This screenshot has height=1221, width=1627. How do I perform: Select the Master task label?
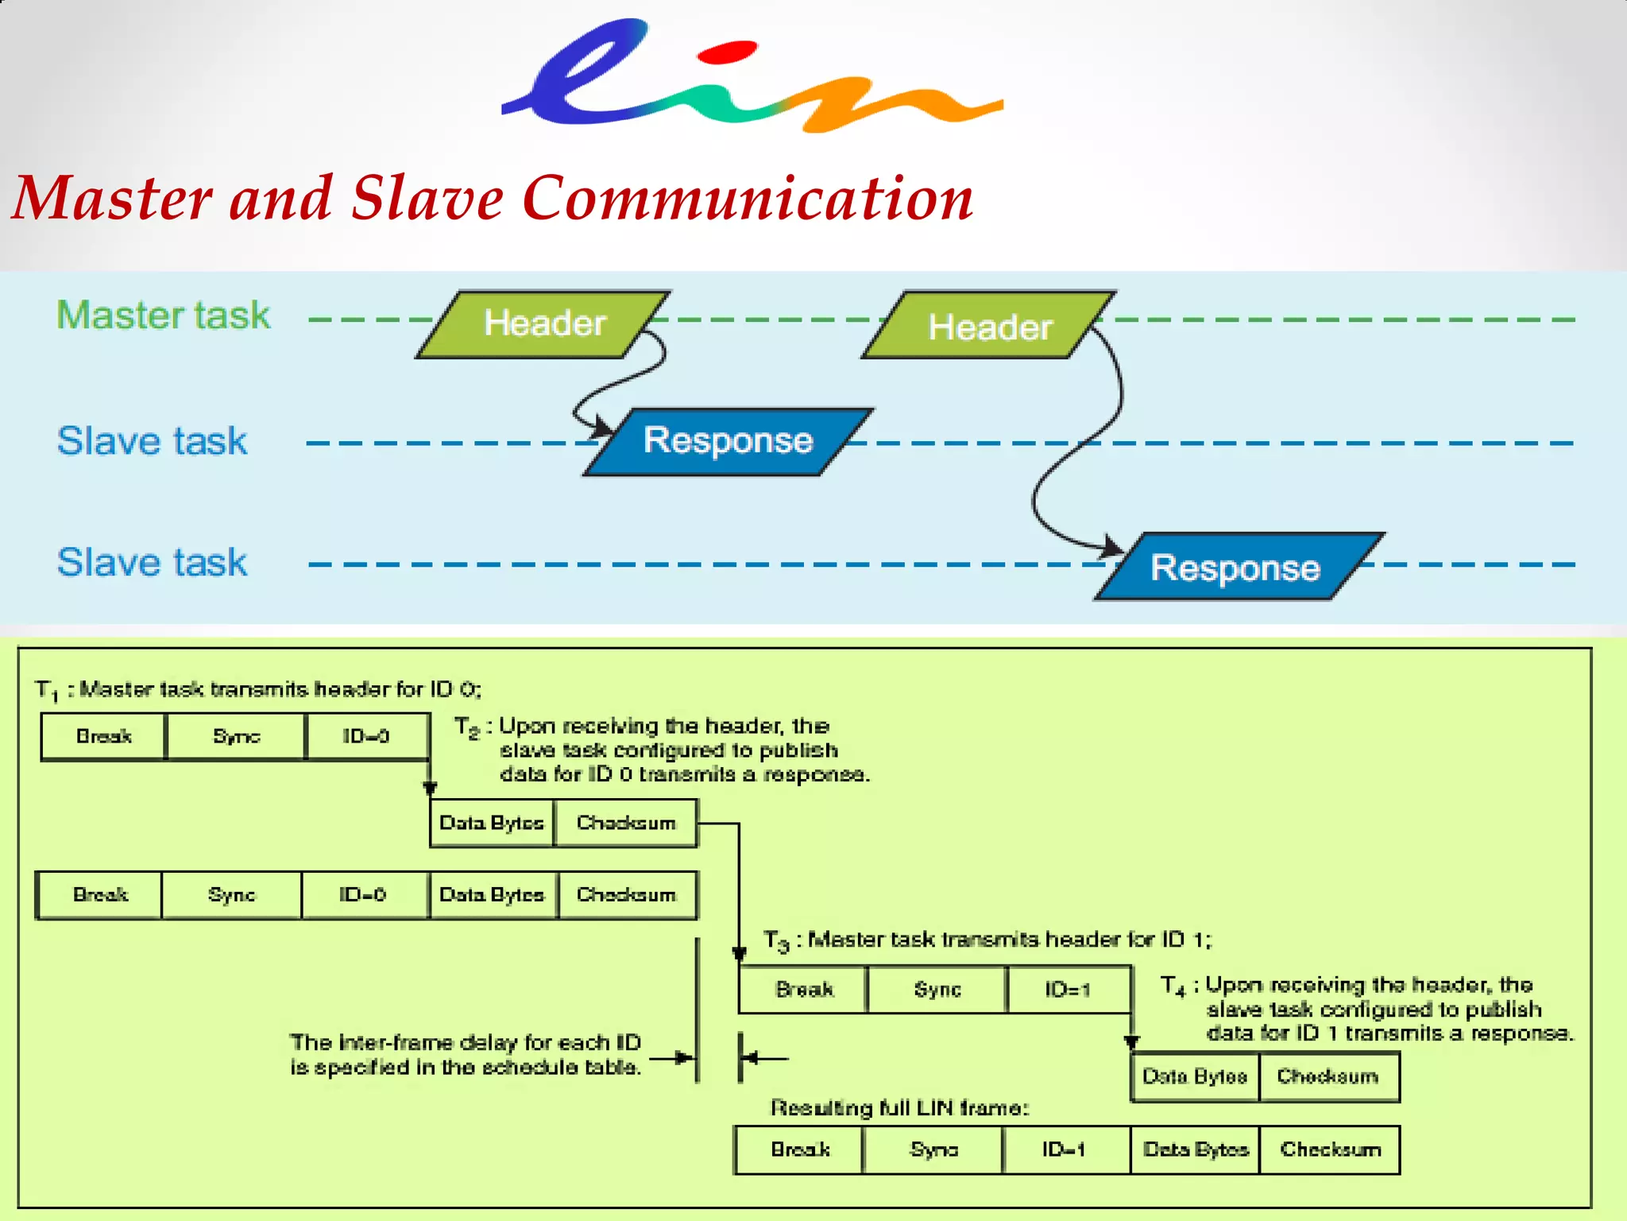(x=164, y=315)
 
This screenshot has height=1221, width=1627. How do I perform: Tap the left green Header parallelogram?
(x=544, y=324)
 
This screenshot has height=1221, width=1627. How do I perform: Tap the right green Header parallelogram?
(x=990, y=327)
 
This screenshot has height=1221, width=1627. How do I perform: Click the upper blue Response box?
(x=728, y=441)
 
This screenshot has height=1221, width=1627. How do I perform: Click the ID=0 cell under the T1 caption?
(x=366, y=736)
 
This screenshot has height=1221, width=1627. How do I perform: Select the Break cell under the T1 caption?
(x=103, y=736)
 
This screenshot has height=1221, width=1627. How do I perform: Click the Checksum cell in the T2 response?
(x=626, y=823)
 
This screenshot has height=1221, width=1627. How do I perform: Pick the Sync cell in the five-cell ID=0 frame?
(x=231, y=895)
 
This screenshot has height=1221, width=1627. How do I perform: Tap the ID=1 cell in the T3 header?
(x=1068, y=990)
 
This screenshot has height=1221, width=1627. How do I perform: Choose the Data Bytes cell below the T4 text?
(x=1195, y=1076)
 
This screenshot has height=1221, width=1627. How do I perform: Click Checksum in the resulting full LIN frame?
(x=1330, y=1149)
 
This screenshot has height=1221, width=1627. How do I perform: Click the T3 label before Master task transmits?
(x=777, y=941)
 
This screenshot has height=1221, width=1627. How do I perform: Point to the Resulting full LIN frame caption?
(x=899, y=1108)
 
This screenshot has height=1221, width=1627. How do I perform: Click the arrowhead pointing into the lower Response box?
(x=1113, y=548)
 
